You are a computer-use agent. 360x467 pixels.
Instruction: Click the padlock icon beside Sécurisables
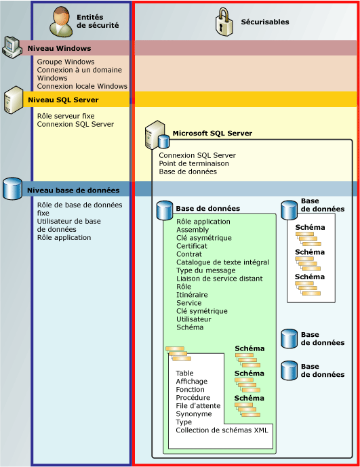(x=223, y=22)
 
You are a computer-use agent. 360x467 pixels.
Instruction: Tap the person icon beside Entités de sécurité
(x=62, y=21)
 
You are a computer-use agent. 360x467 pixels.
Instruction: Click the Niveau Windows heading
(x=59, y=49)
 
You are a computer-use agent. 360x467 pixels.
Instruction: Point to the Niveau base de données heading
(x=73, y=190)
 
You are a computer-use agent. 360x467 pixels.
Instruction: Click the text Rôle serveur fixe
(x=66, y=116)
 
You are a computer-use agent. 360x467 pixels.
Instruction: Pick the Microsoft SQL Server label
(x=212, y=134)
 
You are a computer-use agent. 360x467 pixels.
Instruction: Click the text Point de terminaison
(x=194, y=163)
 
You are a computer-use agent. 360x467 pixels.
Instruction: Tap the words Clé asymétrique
(x=203, y=238)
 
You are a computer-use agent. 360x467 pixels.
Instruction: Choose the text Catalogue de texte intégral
(x=222, y=262)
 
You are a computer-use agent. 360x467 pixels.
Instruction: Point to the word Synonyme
(x=194, y=414)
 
